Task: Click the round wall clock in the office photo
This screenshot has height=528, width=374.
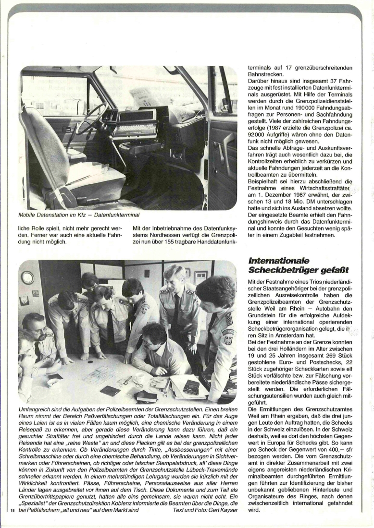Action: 28,277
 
